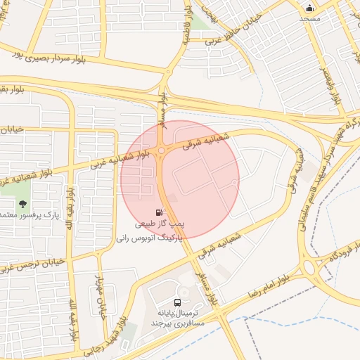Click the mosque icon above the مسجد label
pyautogui.click(x=309, y=8)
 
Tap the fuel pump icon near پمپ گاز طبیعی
pyautogui.click(x=160, y=212)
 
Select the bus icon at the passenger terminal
pyautogui.click(x=176, y=302)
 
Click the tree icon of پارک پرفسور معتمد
pyautogui.click(x=23, y=204)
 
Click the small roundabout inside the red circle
pyautogui.click(x=162, y=149)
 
